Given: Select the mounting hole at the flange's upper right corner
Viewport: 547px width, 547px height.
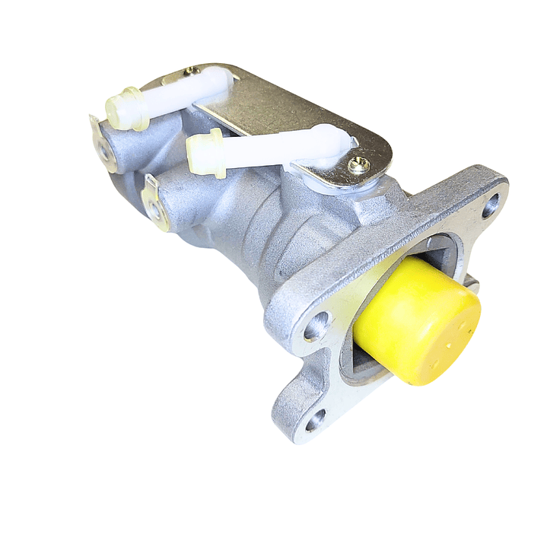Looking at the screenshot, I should (x=490, y=203).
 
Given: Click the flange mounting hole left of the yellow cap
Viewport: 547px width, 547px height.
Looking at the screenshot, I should (x=316, y=327).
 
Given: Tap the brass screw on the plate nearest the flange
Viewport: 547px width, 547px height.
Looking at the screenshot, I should (x=359, y=164).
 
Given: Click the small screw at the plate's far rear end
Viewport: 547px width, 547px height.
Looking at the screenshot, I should (x=189, y=71).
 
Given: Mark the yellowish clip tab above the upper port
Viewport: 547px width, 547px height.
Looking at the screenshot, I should (x=95, y=126).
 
